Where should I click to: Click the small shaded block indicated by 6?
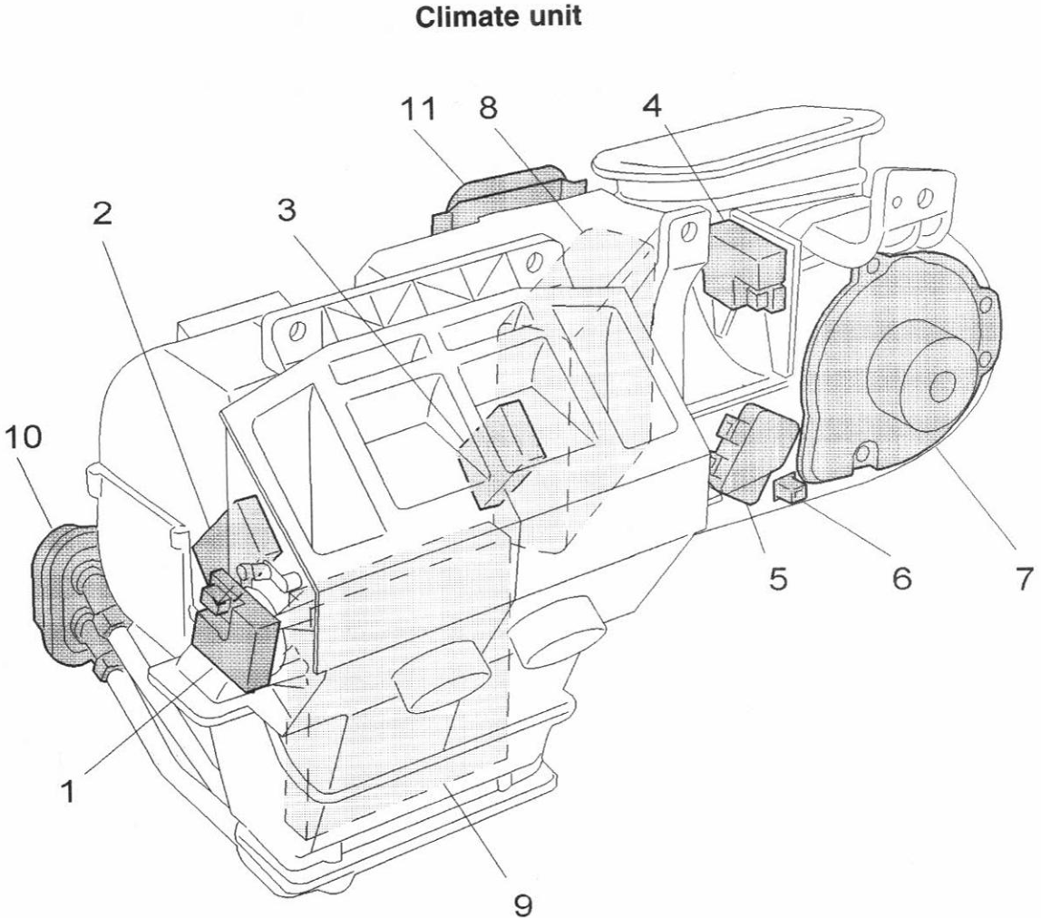click(788, 491)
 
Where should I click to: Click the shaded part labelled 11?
click(508, 194)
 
